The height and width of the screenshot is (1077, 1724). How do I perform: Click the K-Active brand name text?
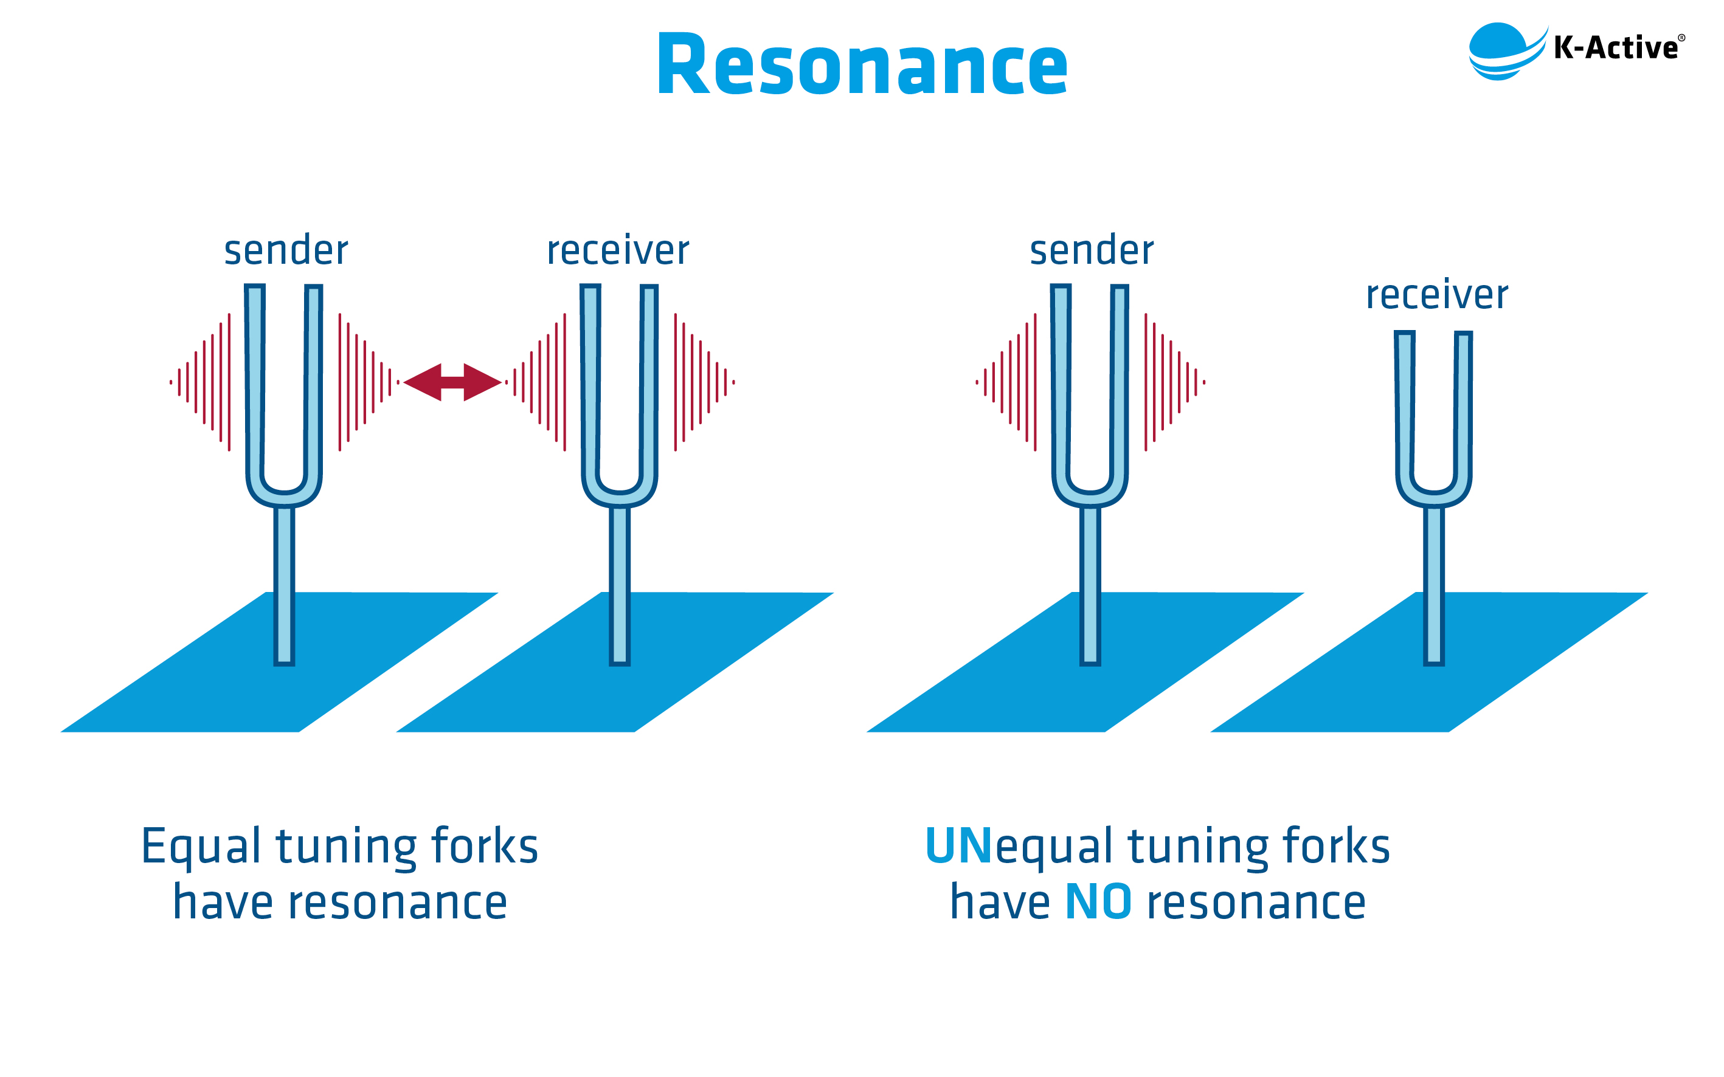tap(1616, 49)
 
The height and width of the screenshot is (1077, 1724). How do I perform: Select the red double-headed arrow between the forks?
tap(452, 382)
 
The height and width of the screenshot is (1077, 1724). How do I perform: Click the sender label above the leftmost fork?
tap(286, 251)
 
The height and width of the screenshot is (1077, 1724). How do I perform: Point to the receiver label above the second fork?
tap(618, 251)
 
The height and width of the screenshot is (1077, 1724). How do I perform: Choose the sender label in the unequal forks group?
tap(1091, 251)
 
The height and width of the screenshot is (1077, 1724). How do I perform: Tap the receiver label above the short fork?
tap(1436, 295)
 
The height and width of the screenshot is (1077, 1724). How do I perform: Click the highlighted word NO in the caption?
tap(1098, 903)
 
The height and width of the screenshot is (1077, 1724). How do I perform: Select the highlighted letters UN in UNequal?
tap(958, 845)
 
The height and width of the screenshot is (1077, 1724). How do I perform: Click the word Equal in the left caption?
tap(201, 847)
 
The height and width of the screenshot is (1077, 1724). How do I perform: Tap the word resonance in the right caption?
tap(1256, 903)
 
